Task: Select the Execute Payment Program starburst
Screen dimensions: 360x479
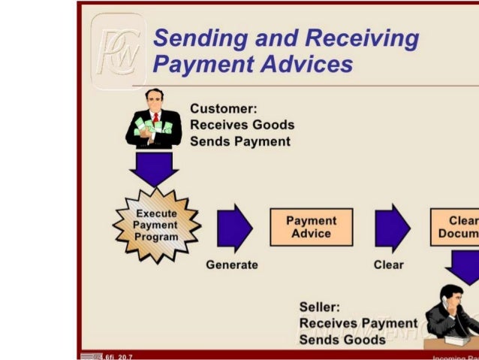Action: coord(156,225)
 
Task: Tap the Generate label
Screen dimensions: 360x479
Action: coord(232,265)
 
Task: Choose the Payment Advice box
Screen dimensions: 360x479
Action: coord(311,227)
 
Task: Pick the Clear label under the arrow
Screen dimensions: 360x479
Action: coord(388,265)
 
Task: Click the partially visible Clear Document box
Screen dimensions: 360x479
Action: coord(455,227)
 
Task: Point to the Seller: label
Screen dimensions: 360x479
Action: coord(320,307)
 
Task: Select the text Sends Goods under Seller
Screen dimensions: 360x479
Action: coord(342,339)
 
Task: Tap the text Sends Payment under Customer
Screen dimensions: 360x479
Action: coord(240,141)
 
